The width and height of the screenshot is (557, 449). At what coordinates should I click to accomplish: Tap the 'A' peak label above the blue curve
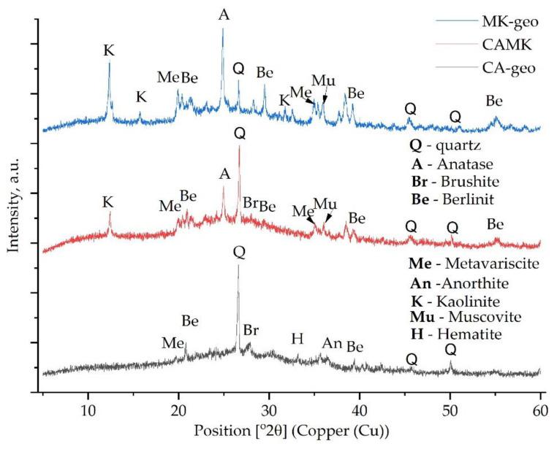[x=224, y=13]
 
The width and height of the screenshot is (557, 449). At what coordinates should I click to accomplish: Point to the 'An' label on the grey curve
[x=332, y=342]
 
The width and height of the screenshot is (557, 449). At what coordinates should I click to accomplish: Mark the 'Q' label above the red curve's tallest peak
[x=239, y=134]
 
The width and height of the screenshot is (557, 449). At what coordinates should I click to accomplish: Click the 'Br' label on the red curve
[x=249, y=203]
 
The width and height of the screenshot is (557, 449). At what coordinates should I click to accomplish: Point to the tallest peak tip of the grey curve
[x=238, y=266]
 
